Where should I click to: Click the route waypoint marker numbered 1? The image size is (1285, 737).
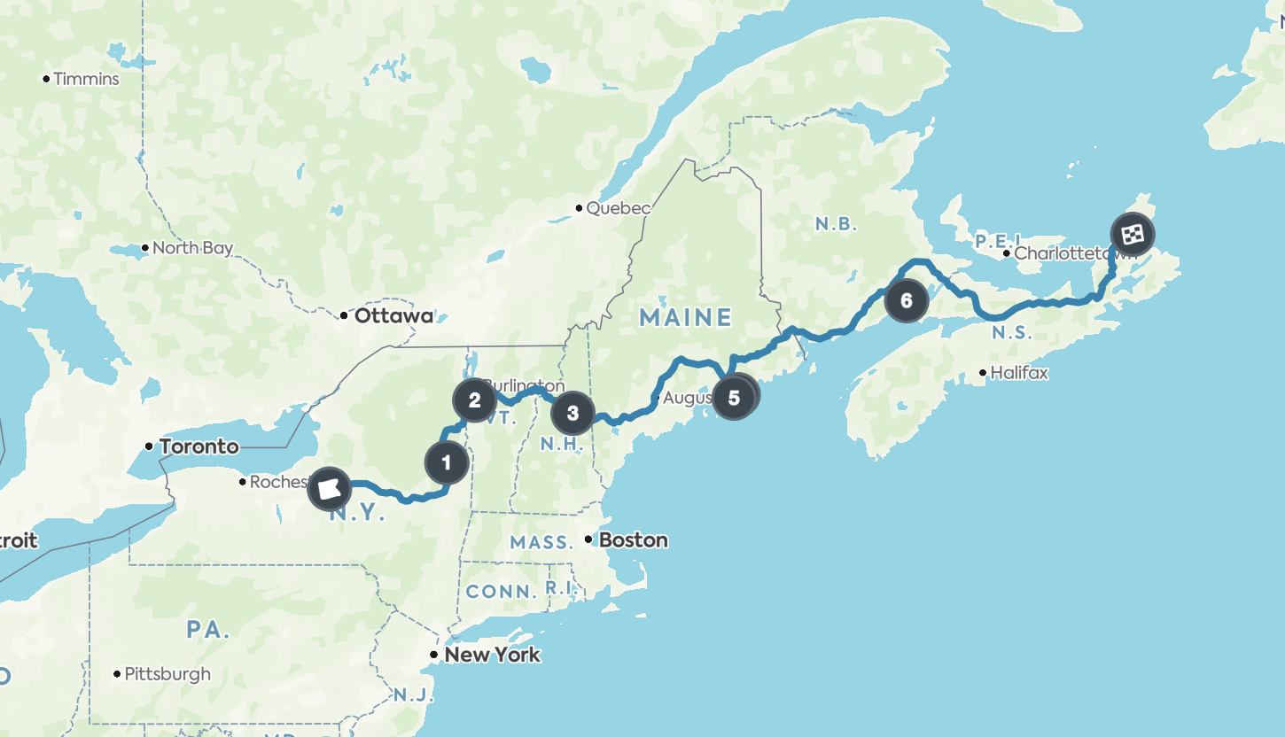coord(446,462)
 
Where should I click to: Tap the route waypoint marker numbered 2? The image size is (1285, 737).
coord(474,400)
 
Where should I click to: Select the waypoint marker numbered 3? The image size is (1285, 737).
coord(572,413)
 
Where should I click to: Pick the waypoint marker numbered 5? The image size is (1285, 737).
coord(733,398)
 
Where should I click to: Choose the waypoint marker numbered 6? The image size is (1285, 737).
coord(906,300)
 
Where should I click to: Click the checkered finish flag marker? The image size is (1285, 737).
coord(1133,235)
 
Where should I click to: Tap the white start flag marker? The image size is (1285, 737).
coord(329,488)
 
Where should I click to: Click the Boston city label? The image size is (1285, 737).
coord(633,539)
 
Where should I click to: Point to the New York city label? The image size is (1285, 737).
coord(492,655)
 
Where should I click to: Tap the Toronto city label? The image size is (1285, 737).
coord(199,446)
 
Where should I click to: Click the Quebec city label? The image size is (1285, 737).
coord(618,208)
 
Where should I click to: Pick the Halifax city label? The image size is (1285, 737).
coord(1018,373)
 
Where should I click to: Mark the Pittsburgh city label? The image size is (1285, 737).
coord(167,674)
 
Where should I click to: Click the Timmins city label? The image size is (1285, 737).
coord(86,79)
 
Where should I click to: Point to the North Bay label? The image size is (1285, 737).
coord(192,248)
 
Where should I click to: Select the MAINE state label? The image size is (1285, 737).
coord(686,317)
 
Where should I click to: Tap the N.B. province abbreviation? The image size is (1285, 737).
coord(836,224)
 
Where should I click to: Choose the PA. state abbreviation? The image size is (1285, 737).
coord(208,630)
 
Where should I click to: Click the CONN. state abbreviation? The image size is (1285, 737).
coord(501,591)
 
